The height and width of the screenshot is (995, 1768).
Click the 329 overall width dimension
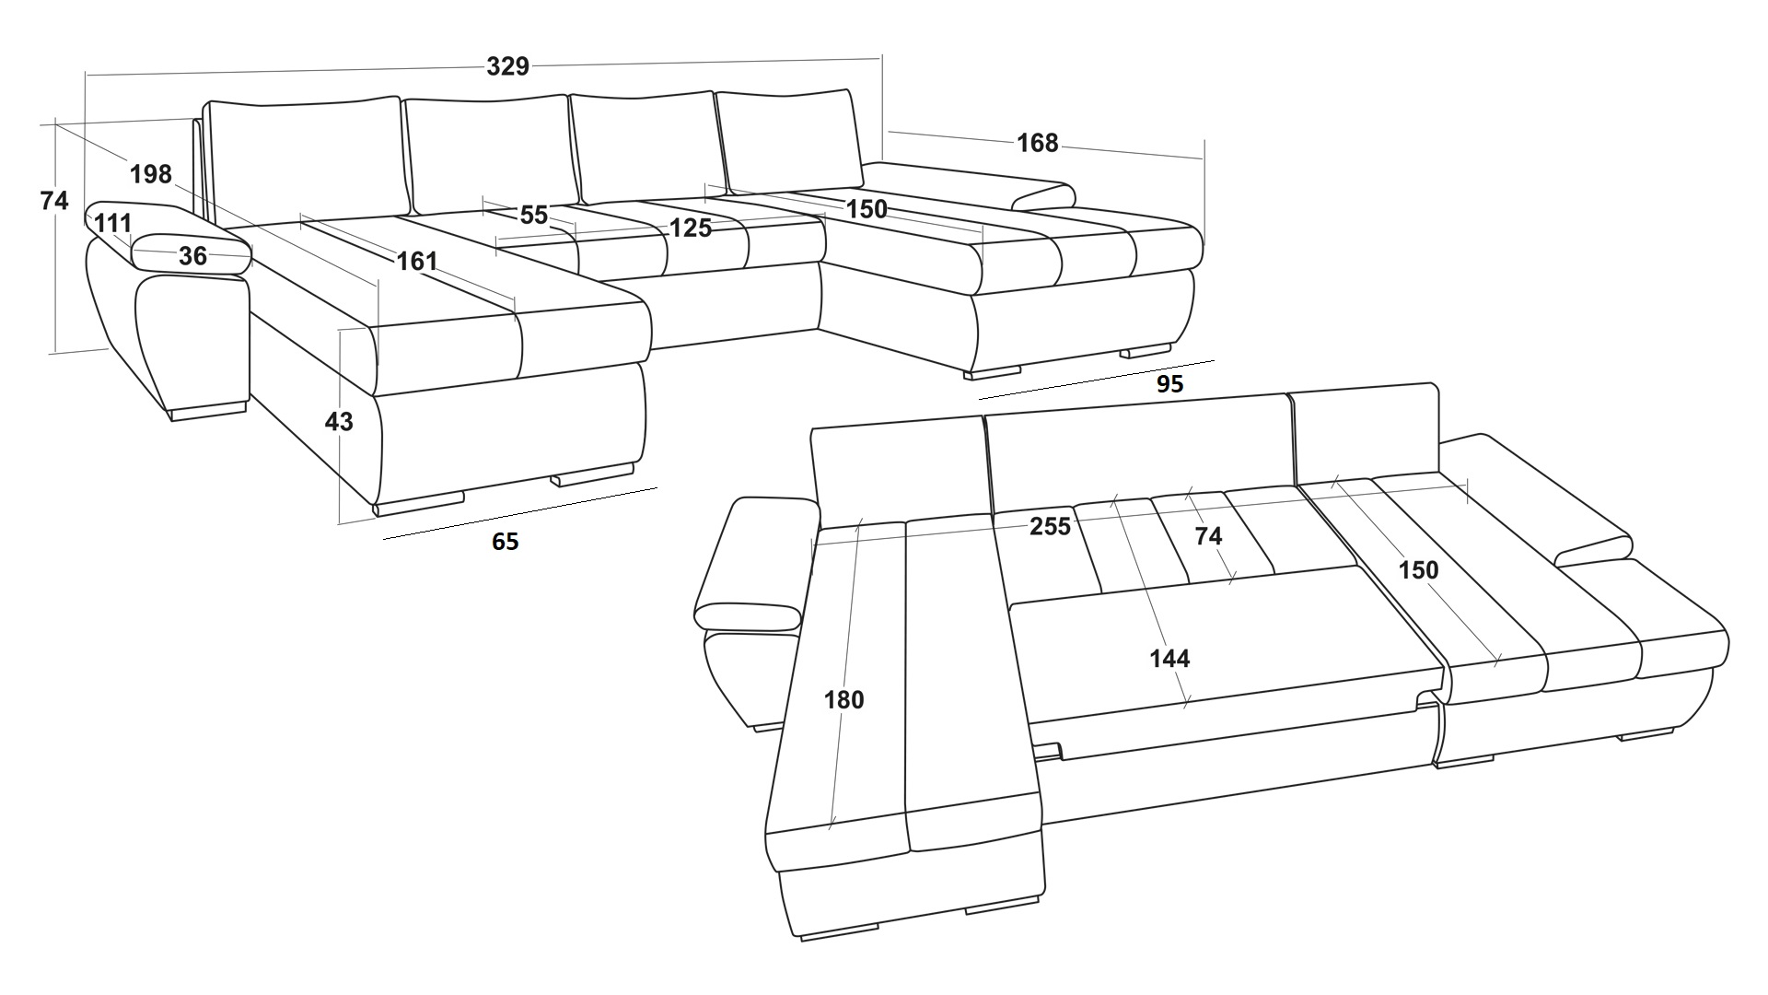coord(507,66)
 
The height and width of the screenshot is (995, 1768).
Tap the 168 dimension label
coord(1037,143)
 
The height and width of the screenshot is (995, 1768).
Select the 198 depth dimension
coord(151,173)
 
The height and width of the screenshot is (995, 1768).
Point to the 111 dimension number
coord(112,223)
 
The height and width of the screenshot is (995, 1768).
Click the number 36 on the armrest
coord(192,256)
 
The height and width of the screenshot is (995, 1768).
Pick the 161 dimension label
coord(416,261)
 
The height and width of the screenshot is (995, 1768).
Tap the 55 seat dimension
coord(534,216)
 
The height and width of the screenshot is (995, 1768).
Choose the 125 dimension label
coord(690,228)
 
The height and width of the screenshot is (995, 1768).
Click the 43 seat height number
coord(339,422)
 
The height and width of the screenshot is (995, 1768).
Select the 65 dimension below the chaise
coord(505,542)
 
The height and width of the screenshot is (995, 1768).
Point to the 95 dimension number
coord(1169,384)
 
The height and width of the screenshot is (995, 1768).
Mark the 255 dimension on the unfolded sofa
coord(1050,526)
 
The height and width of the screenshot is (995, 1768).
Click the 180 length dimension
coord(843,700)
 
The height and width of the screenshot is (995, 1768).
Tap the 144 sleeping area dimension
coord(1169,659)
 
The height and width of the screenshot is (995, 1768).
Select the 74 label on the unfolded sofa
coord(1208,535)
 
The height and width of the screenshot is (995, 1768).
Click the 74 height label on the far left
coord(54,200)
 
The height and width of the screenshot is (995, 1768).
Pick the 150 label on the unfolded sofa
coord(1418,570)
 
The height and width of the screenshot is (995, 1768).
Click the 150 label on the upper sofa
coord(867,209)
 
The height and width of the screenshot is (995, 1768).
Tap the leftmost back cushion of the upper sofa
coord(307,157)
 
